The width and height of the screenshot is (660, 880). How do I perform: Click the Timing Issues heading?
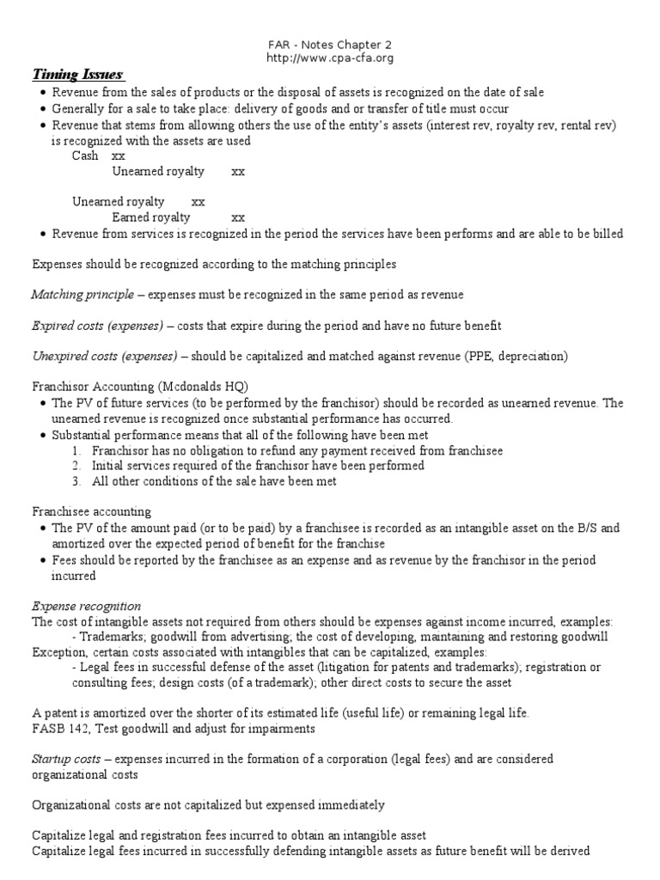point(78,74)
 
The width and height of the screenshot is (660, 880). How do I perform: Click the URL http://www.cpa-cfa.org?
point(329,58)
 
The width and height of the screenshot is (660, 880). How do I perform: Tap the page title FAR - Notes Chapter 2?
point(329,43)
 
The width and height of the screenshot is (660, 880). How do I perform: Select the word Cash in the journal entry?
point(85,156)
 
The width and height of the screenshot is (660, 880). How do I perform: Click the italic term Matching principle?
point(82,295)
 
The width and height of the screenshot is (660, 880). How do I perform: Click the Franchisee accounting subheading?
point(91,511)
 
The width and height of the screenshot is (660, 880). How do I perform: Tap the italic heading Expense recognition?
point(86,606)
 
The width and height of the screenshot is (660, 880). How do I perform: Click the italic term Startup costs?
point(65,759)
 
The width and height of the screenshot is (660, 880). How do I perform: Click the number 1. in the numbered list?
point(78,450)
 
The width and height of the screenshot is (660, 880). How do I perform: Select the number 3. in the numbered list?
point(78,481)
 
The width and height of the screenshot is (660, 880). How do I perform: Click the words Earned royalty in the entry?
point(151,217)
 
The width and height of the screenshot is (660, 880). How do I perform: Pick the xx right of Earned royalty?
point(239,217)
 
